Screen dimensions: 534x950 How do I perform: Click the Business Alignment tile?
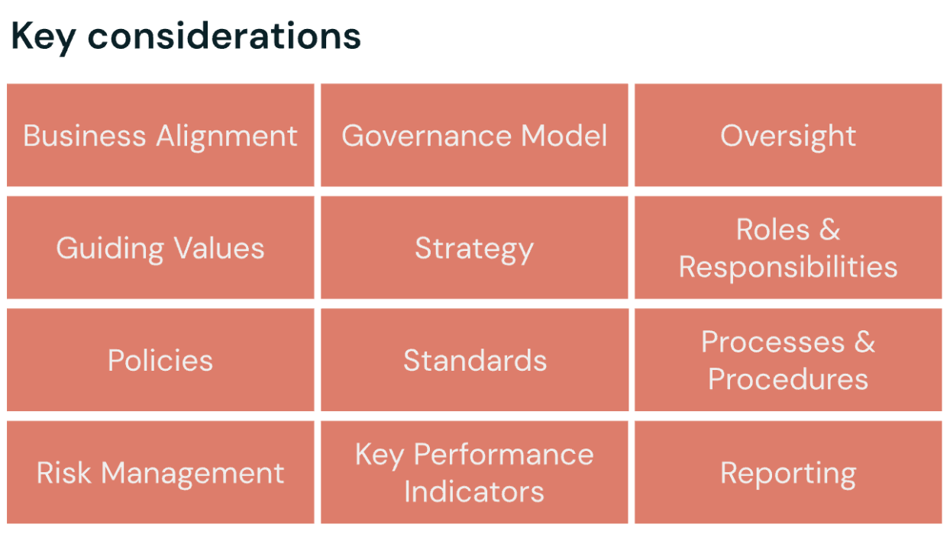pos(160,135)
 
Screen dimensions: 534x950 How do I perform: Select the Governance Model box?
pos(474,135)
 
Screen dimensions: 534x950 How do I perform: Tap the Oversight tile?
pos(788,135)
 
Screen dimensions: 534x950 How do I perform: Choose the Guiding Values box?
pos(160,248)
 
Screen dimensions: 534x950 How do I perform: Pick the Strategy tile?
pos(474,248)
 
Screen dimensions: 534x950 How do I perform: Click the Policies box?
pos(160,360)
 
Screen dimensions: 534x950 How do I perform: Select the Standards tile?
pos(474,360)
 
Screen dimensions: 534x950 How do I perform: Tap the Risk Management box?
pos(160,473)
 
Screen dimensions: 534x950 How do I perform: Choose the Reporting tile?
pos(788,473)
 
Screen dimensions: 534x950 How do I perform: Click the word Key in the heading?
pos(43,37)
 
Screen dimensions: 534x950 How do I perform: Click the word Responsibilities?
pos(788,267)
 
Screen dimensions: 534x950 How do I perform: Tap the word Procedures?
pos(788,379)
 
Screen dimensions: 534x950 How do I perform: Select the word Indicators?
pos(474,491)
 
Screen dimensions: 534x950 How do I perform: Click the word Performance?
pos(503,455)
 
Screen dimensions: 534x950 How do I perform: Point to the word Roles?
pos(773,230)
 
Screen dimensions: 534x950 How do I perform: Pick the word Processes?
pos(773,342)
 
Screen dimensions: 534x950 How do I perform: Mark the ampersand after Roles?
pos(829,230)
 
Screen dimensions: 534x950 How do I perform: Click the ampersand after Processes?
pos(864,342)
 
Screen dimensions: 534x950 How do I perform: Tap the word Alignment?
pos(227,135)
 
